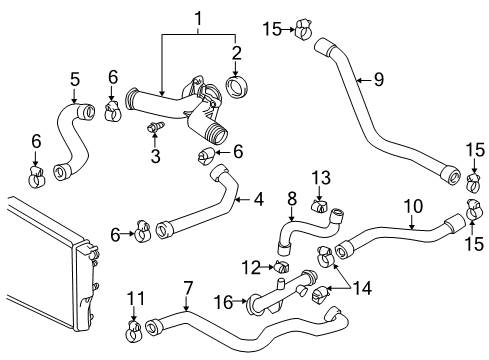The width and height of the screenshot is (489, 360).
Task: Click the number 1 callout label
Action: pyautogui.click(x=197, y=17)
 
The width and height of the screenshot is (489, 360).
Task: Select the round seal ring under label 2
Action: pyautogui.click(x=240, y=87)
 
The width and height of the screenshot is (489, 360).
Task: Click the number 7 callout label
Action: pyautogui.click(x=187, y=288)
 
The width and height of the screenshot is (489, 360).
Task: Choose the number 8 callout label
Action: pyautogui.click(x=291, y=198)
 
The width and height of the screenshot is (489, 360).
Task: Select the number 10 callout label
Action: pyautogui.click(x=410, y=207)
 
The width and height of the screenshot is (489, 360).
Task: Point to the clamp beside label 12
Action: pyautogui.click(x=281, y=268)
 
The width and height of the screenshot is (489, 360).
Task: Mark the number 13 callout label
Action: pyautogui.click(x=320, y=177)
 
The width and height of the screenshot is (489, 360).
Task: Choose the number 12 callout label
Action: pyautogui.click(x=250, y=266)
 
